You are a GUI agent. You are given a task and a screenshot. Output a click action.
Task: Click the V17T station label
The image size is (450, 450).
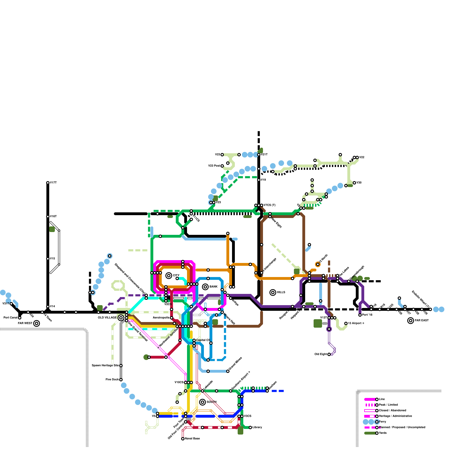tap(53, 183)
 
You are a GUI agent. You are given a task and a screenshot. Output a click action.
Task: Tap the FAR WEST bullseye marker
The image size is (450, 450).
tap(37, 323)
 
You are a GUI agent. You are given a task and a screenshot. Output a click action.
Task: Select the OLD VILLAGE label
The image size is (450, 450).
tap(107, 318)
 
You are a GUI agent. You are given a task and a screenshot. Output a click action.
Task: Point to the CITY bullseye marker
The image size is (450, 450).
tap(169, 276)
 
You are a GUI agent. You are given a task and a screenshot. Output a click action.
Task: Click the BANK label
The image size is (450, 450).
tap(213, 287)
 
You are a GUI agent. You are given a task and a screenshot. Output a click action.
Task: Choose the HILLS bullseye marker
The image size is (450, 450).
tap(273, 292)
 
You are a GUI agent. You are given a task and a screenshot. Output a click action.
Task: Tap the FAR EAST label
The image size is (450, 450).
tap(422, 321)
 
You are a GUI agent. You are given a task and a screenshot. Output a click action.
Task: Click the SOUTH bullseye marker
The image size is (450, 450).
tap(202, 402)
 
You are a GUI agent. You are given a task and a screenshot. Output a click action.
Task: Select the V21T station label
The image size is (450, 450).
tap(264, 155)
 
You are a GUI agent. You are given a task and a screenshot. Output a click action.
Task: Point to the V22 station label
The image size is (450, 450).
tap(362, 157)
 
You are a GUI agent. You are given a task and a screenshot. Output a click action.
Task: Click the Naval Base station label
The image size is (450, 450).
tap(192, 439)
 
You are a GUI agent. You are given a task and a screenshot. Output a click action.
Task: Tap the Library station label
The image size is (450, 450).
tap(257, 427)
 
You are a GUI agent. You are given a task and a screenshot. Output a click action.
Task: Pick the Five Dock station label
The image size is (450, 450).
tap(112, 380)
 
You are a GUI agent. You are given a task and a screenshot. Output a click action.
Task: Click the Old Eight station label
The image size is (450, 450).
tap(321, 354)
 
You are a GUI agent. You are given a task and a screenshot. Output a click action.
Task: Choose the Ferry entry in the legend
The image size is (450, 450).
tap(382, 422)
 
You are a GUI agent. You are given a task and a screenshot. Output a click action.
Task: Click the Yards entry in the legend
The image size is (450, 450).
tap(383, 433)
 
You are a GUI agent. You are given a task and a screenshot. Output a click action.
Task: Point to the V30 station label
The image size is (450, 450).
tap(359, 183)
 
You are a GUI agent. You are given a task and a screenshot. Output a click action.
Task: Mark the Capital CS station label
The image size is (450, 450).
tap(203, 340)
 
